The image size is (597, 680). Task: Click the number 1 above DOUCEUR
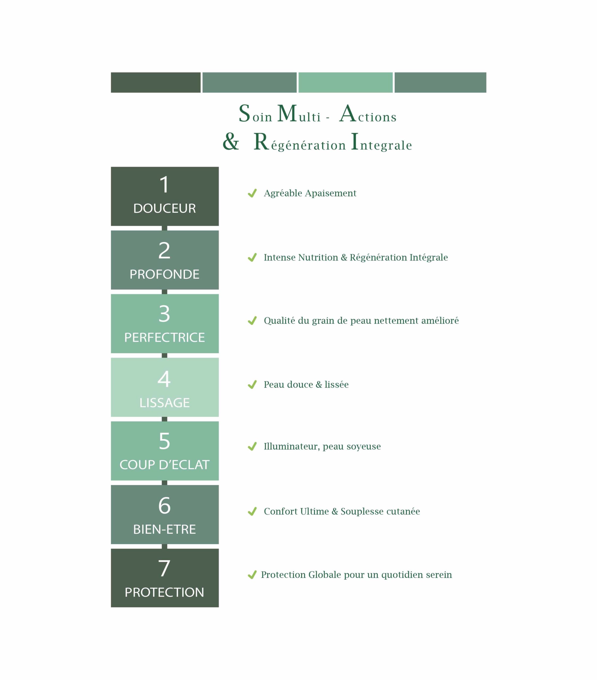coord(164,185)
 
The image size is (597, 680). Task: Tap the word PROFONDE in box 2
coord(164,274)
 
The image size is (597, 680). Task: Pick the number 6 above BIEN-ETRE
coord(164,505)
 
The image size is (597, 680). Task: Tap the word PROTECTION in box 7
coord(164,592)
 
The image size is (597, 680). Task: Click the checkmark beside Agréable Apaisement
coord(252,193)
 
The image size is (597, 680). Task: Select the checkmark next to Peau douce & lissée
coord(252,385)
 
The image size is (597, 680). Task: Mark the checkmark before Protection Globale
coord(252,575)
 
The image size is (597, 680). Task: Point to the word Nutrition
coord(318,257)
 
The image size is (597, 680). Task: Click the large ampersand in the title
coord(231,141)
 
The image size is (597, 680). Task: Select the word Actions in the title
coord(368,114)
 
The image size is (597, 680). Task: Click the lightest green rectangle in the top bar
coord(345,83)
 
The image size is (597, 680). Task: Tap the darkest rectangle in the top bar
coord(155,83)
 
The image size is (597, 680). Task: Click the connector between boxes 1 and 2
coord(164,228)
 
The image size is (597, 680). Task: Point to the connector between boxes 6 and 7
coord(164,546)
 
